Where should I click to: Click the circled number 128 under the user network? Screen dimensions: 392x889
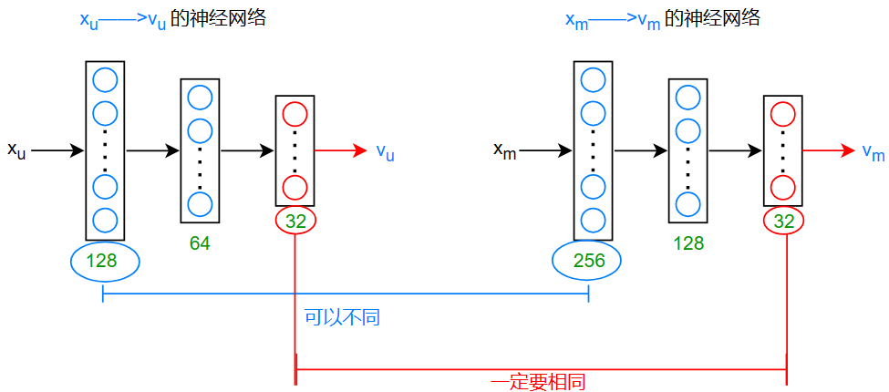[x=104, y=262]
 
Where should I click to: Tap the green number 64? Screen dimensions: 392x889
[x=200, y=243]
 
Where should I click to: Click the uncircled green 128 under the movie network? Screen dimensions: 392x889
[x=688, y=243]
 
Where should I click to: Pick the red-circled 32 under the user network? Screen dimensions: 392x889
[x=295, y=220]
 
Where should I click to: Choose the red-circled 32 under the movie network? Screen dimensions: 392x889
[x=784, y=220]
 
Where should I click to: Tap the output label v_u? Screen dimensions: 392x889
[x=385, y=151]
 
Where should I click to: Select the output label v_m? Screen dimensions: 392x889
[x=873, y=151]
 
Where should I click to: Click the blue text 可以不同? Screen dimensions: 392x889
[x=342, y=317]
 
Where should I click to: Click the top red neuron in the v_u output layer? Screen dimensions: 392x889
[x=295, y=114]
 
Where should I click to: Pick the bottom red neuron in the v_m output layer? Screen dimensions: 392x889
[x=782, y=188]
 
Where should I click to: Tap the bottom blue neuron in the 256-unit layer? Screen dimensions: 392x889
[x=593, y=221]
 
